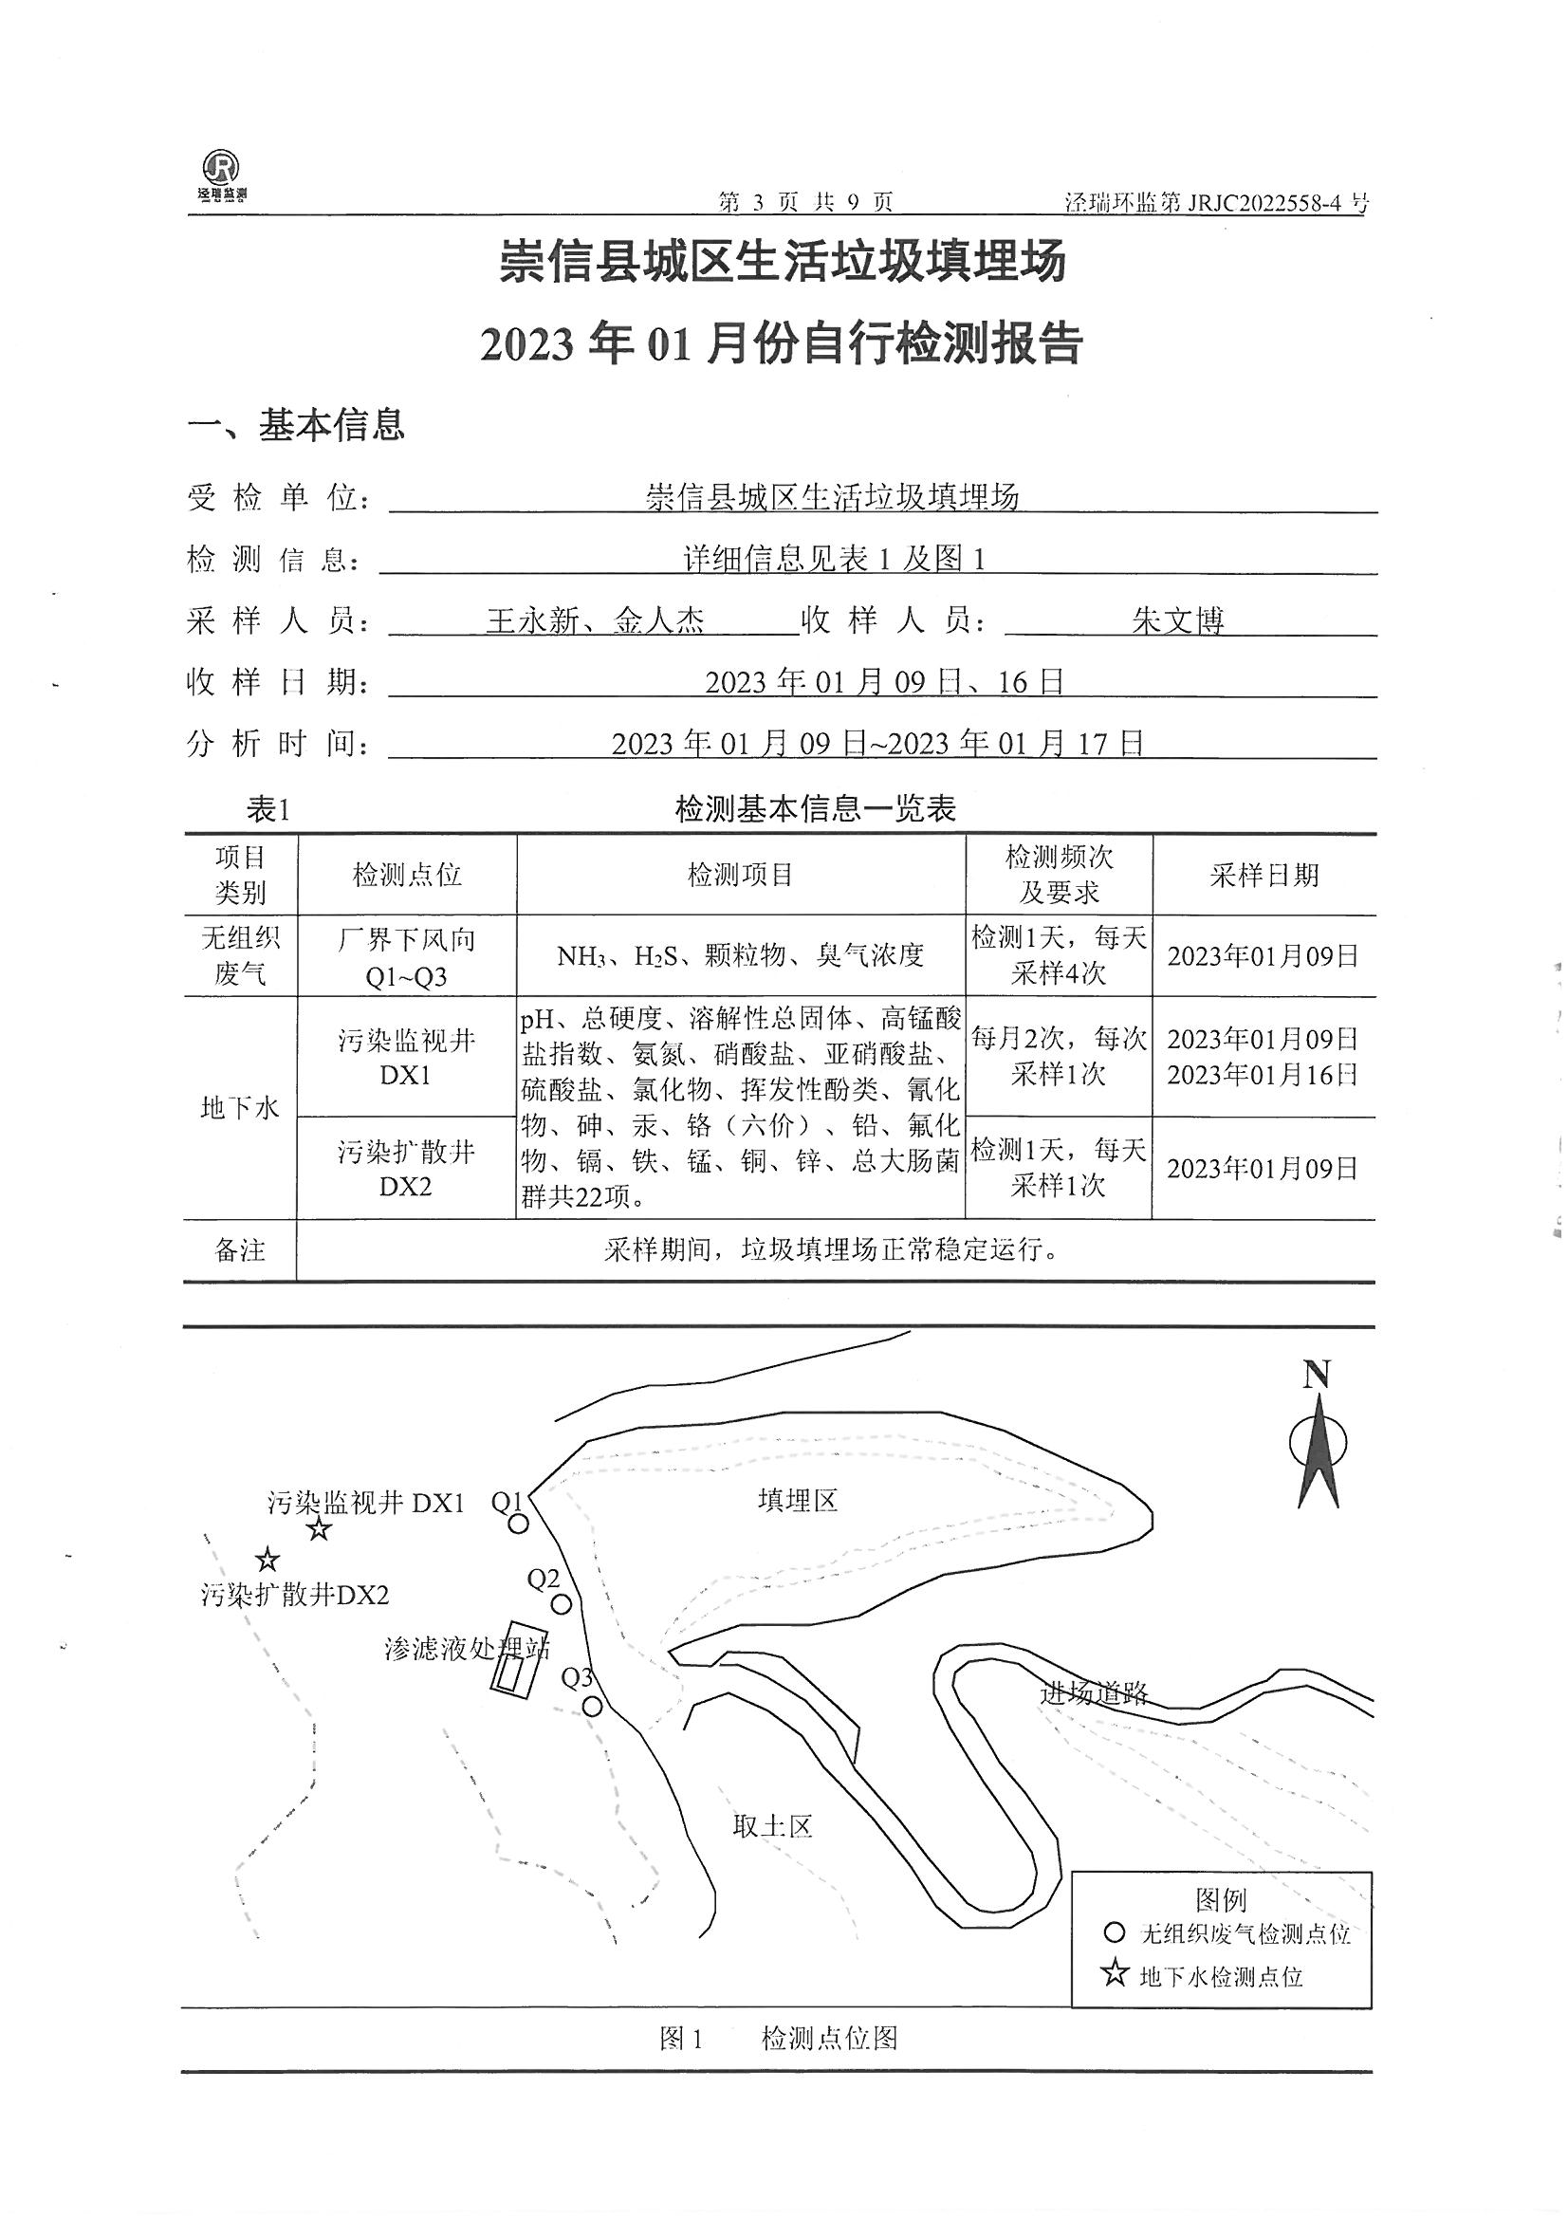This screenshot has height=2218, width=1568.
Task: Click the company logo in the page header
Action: [221, 175]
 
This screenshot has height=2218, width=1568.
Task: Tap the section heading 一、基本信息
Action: [296, 425]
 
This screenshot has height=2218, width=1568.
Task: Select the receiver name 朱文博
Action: [1178, 620]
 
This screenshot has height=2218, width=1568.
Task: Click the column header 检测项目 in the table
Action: [740, 876]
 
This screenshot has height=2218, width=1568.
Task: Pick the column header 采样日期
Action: [1264, 876]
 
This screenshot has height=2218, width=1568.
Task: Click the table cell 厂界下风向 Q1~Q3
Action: [407, 956]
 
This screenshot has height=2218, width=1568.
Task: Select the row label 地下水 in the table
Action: [240, 1108]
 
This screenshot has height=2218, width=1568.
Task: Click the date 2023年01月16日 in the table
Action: [1263, 1074]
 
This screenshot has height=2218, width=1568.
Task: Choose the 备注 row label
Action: [240, 1251]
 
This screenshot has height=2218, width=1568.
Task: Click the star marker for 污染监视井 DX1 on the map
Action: [319, 1529]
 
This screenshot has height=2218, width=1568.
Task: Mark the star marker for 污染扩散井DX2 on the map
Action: [267, 1561]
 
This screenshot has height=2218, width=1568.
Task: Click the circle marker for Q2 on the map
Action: [561, 1604]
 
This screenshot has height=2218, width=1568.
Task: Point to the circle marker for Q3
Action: [593, 1707]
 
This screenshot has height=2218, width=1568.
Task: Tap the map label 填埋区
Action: [797, 1500]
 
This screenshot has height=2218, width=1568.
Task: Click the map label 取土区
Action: [772, 1826]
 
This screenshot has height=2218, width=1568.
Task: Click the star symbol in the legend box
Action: [1115, 1973]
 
